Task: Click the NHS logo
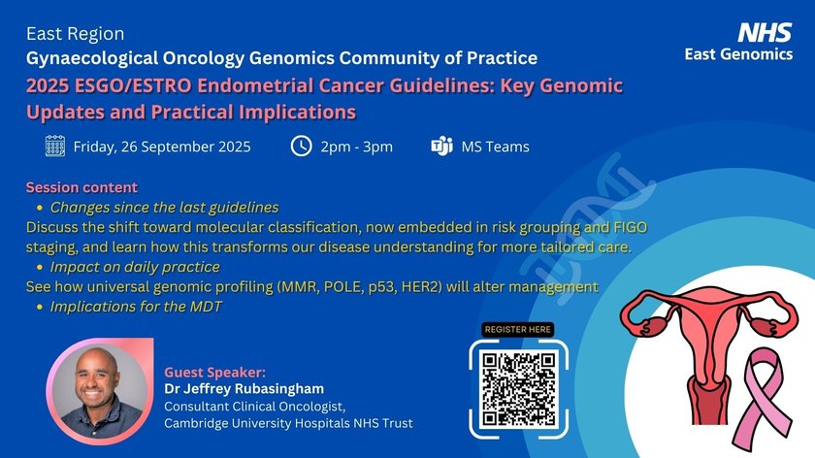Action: [x=765, y=32]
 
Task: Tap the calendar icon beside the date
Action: [x=55, y=147]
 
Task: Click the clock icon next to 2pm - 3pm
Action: [x=301, y=147]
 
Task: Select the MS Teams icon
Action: [x=441, y=147]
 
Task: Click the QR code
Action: [x=518, y=389]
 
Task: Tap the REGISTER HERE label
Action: [x=518, y=329]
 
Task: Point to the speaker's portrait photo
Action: [x=99, y=391]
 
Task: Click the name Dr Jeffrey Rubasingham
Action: [x=244, y=389]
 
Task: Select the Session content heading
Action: [x=81, y=187]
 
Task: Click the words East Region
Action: [x=76, y=34]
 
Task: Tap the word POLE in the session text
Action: [x=343, y=287]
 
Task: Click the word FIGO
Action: [x=631, y=227]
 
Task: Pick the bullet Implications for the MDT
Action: [x=136, y=307]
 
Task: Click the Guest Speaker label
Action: [x=214, y=373]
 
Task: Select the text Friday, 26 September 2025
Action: [x=162, y=147]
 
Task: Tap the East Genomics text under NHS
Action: [x=738, y=54]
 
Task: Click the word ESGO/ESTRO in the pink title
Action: [x=133, y=85]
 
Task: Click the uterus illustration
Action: [x=708, y=354]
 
